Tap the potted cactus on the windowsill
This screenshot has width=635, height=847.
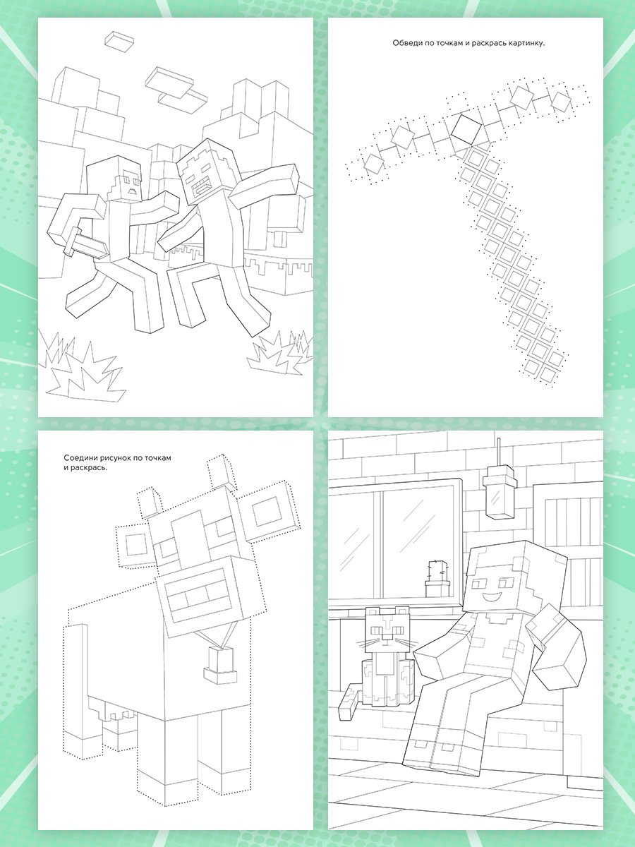pyautogui.click(x=437, y=578)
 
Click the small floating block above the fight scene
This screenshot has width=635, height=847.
pyautogui.click(x=119, y=41)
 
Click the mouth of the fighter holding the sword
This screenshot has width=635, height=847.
pyautogui.click(x=133, y=191)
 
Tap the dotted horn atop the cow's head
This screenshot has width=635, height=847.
pyautogui.click(x=222, y=471)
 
